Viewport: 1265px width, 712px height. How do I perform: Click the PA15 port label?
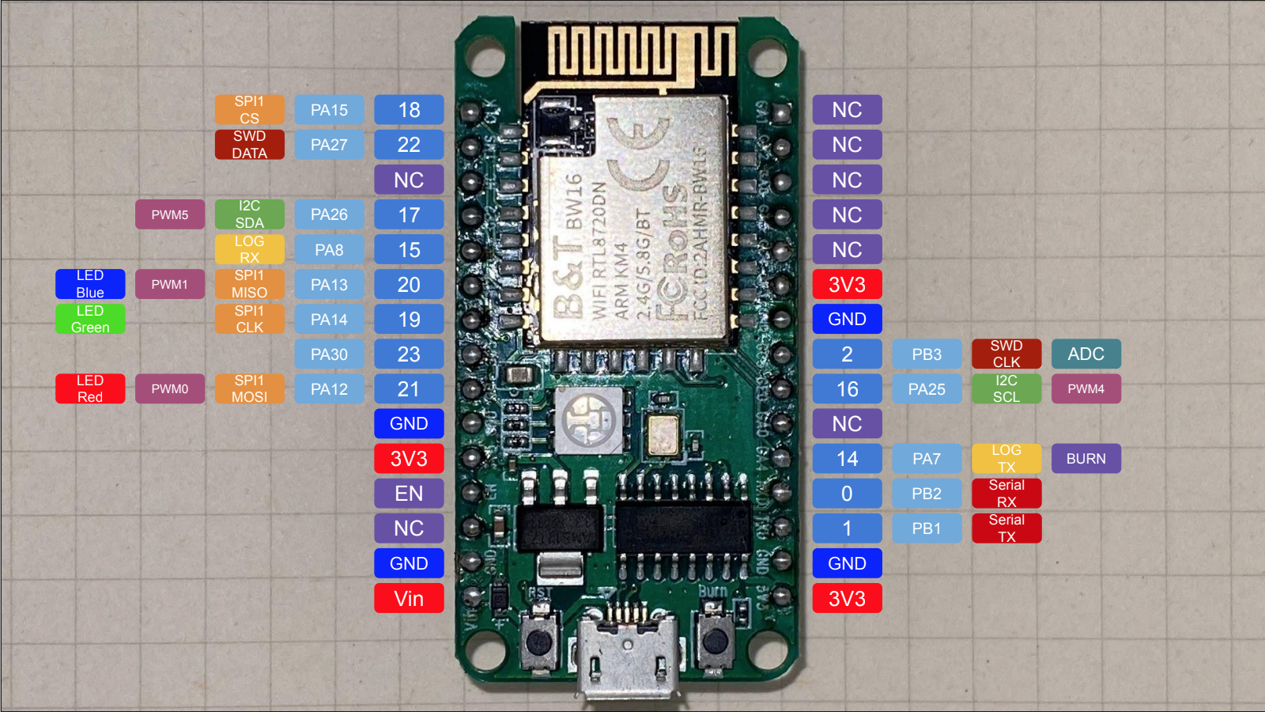(x=329, y=110)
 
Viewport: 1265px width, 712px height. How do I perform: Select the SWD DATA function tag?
(x=249, y=145)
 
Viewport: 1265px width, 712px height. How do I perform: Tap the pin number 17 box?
(x=409, y=214)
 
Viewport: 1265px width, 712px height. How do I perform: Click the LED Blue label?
(x=90, y=284)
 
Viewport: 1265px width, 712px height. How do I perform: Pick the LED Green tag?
(x=90, y=319)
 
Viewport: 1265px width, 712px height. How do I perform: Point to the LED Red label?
(x=90, y=388)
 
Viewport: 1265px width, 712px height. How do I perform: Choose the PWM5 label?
(x=170, y=214)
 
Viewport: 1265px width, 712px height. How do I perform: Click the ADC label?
(x=1086, y=354)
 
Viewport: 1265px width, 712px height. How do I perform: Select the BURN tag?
(x=1086, y=458)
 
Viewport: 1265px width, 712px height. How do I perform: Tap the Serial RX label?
(x=1006, y=493)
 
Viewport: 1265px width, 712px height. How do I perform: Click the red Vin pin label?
(x=409, y=598)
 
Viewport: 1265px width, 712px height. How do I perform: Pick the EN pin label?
(x=409, y=493)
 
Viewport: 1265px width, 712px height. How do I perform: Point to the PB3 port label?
(x=927, y=354)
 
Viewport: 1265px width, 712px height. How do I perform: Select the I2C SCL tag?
(x=1006, y=388)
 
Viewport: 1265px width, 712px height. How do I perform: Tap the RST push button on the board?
(x=539, y=638)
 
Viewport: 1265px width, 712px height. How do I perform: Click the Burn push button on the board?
(x=714, y=638)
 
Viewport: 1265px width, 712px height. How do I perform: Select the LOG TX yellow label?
(x=1006, y=458)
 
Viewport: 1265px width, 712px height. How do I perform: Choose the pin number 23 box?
(x=409, y=354)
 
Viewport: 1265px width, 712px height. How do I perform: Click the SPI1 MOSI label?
(x=249, y=388)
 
